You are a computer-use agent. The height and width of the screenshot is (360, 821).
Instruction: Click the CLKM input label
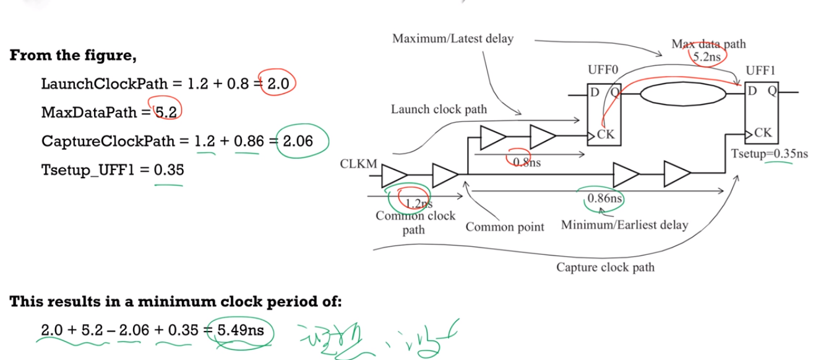(358, 165)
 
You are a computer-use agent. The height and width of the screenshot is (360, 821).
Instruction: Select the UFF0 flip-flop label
(603, 71)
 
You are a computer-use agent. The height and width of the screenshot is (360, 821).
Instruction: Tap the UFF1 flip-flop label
(760, 71)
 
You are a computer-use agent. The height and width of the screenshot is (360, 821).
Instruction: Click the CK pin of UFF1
(762, 133)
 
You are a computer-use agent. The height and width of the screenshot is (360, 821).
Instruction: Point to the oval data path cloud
(682, 93)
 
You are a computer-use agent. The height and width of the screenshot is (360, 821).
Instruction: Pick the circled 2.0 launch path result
(277, 84)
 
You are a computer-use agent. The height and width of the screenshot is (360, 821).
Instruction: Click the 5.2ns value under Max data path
(708, 56)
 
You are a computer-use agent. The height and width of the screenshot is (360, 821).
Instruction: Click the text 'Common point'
(505, 227)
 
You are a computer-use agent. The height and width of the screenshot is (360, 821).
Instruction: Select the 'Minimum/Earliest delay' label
(624, 225)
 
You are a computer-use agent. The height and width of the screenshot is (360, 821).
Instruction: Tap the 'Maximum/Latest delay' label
(453, 39)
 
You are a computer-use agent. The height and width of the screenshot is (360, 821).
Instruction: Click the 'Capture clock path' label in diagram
(605, 267)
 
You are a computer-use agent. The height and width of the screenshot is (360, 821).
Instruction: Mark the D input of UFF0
(595, 93)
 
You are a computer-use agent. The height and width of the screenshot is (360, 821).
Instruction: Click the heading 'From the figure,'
(73, 55)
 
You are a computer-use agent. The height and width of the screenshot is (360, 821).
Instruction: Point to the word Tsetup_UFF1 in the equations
(86, 169)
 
